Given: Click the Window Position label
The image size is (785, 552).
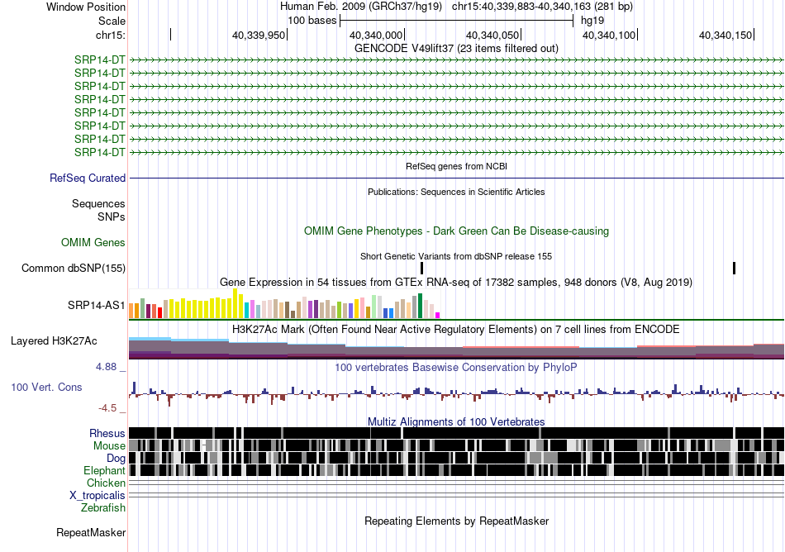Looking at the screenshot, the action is coord(86,7).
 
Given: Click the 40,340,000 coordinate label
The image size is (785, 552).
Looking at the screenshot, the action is coord(375,35).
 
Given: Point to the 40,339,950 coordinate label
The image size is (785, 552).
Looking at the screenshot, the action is coord(259,35).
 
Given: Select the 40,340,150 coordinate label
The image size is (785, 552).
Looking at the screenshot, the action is coord(726,35).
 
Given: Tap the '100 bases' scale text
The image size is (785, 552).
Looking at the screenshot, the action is coord(312,21).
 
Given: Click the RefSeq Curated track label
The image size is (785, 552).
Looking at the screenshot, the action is coord(88,178).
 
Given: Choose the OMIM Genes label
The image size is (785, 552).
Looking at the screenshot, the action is coord(93,243).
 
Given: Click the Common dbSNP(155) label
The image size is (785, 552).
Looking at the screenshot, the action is coord(74,269).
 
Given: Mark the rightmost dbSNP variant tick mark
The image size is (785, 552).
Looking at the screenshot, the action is coord(734,269).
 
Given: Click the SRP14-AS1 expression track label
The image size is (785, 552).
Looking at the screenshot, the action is coord(97,305).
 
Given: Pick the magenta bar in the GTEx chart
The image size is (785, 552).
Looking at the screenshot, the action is coord(438,316).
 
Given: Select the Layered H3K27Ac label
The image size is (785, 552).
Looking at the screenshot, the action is coord(54,341).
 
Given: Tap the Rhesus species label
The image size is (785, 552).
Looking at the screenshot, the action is coord(107,433).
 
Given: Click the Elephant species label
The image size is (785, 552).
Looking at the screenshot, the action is coord(104,471).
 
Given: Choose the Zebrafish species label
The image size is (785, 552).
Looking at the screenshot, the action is coord(103,508).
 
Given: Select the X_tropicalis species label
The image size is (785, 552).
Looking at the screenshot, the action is coord(98,496).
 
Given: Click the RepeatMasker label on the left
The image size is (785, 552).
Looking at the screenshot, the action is coord(91,532).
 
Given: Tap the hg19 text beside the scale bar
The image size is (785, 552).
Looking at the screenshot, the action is coord(592,21).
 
